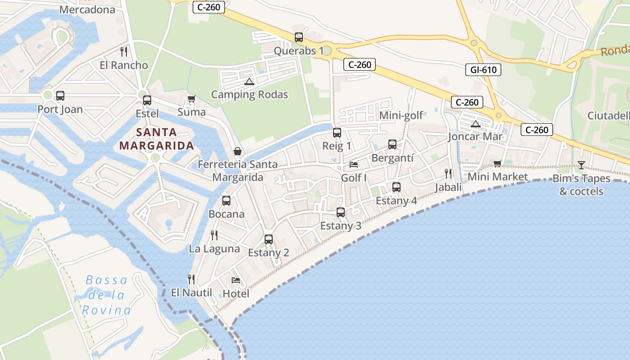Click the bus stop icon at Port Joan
pos(60,96)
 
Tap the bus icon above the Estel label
pos(147,100)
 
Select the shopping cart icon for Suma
pos(192,99)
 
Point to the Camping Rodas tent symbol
pos(249,82)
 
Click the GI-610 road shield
pos(483,70)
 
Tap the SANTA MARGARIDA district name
pos(157,139)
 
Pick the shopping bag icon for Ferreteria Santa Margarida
pos(238,151)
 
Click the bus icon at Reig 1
pos(337,133)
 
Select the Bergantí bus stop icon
pos(392,144)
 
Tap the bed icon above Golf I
pos(354,165)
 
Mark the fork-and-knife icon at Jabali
pos(448,174)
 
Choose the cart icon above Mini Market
pos(497,164)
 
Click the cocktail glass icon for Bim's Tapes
pos(581,165)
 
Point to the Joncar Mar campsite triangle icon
pos(475,124)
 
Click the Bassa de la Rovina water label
pos(107,295)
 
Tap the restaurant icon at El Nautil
pos(191,279)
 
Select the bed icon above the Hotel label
pos(236,280)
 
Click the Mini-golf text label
pos(401,116)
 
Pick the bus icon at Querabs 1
pos(299,37)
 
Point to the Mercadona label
pos(87,9)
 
